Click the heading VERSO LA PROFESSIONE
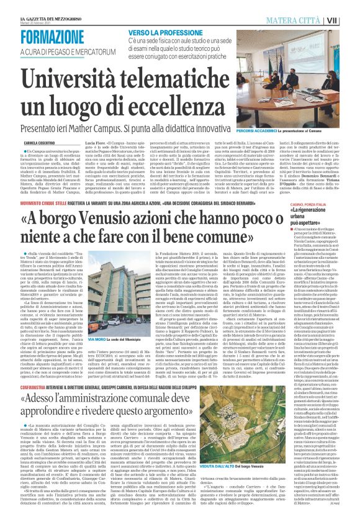166,30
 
